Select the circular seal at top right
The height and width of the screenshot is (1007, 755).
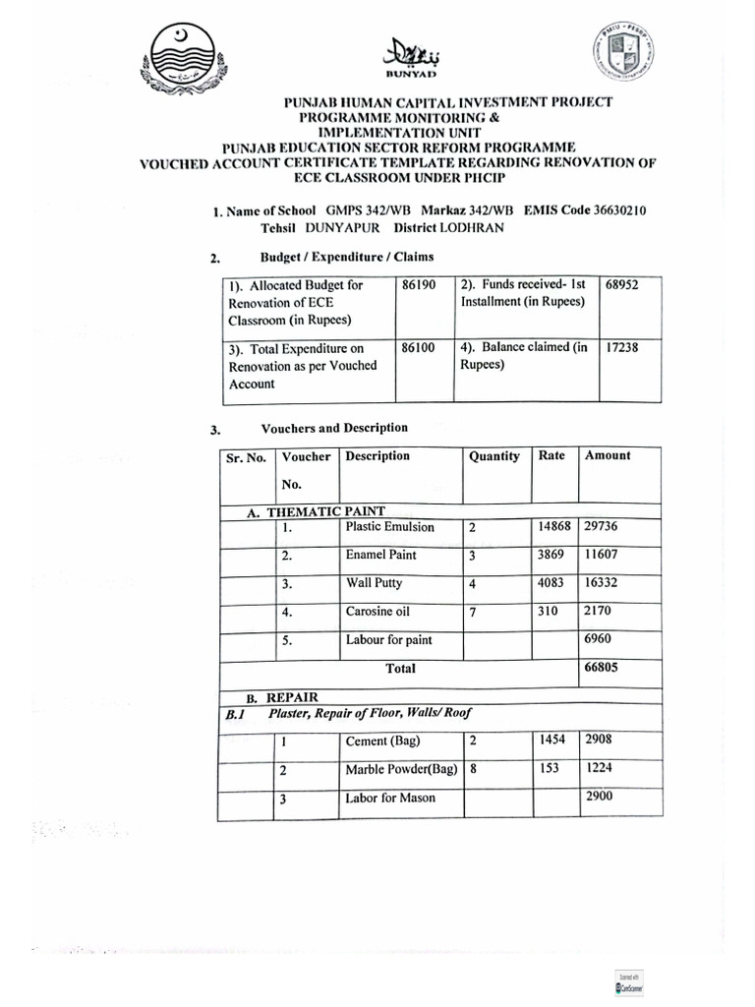622,55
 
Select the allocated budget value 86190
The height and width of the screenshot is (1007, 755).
418,284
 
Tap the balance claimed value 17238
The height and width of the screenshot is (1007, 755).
623,347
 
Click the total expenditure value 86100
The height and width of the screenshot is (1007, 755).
418,347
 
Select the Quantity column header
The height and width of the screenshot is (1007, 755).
494,456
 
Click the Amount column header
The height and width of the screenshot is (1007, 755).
608,455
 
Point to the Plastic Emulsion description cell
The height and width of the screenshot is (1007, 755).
389,527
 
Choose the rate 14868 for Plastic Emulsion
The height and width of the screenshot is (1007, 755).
554,527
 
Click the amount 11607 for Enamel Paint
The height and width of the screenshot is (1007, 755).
602,555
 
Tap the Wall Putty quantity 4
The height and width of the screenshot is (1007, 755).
473,584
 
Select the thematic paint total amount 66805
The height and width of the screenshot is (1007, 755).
603,668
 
